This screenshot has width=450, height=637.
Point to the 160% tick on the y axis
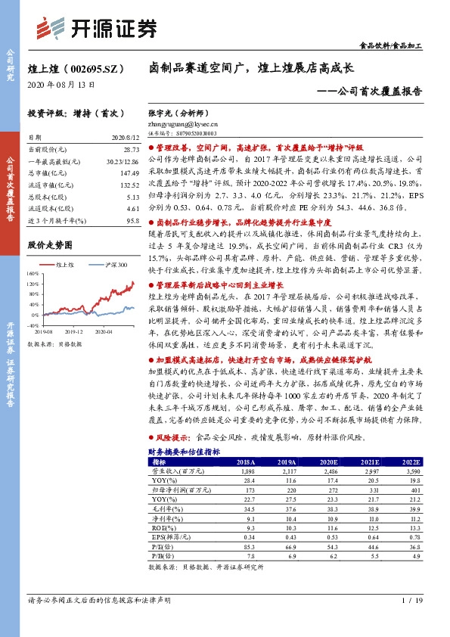(x=35, y=273)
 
